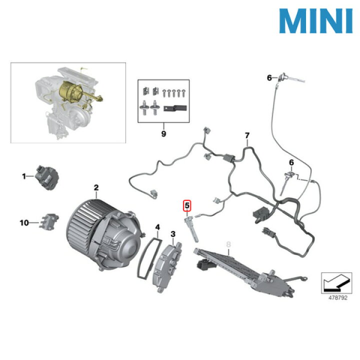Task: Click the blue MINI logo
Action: (x=315, y=21)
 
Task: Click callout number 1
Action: (x=24, y=176)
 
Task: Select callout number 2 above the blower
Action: (x=96, y=187)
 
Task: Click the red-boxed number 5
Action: (x=187, y=205)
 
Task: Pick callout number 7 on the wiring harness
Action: (x=247, y=135)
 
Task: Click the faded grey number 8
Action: (x=228, y=244)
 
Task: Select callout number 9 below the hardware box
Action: (x=163, y=133)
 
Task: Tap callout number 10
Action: (x=24, y=222)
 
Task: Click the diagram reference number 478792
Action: (x=338, y=298)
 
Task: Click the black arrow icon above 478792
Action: (x=336, y=283)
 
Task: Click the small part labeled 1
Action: (x=47, y=177)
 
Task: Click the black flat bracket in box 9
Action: (x=175, y=107)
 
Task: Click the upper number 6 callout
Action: (x=269, y=77)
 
